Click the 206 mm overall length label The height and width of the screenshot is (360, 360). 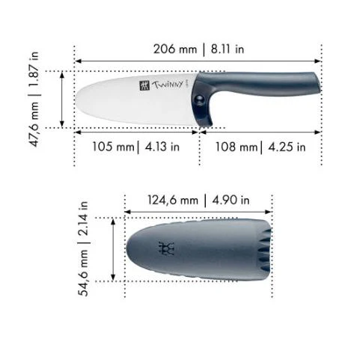point(175,49)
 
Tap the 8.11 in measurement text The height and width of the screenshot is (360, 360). point(228,49)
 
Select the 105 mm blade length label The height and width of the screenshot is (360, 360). point(114,147)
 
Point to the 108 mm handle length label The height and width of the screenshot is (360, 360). point(237,147)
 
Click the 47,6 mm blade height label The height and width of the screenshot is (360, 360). point(34,124)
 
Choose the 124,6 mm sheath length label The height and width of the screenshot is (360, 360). point(173,200)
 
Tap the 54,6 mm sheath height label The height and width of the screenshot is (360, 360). point(83,273)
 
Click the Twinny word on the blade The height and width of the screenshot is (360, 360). point(168,85)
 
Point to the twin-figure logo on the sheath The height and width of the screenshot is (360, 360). point(166,248)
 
